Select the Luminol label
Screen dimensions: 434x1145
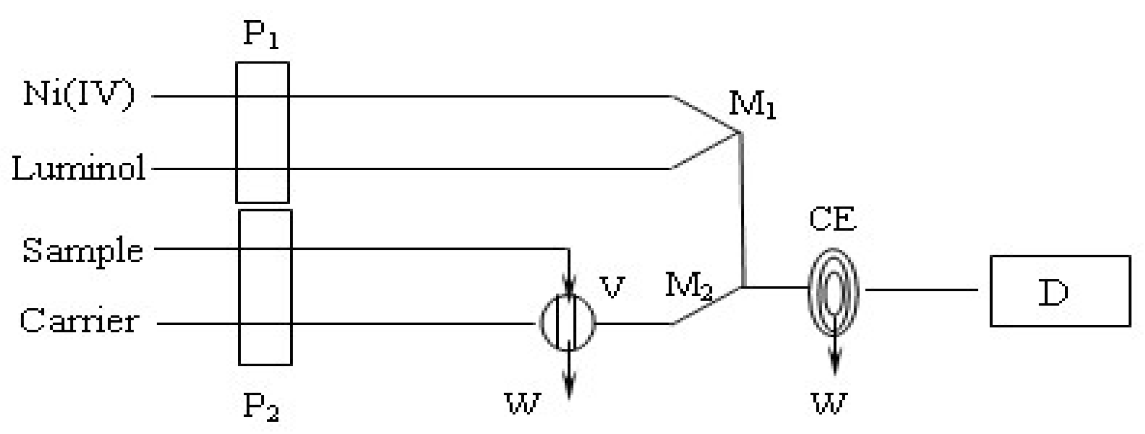click(x=79, y=168)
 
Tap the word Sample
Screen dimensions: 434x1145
click(x=83, y=251)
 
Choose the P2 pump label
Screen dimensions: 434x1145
click(x=261, y=407)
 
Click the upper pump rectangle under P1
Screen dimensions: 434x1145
click(x=262, y=132)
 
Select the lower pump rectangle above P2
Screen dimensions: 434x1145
click(x=265, y=287)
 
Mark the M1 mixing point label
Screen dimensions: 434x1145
click(x=752, y=105)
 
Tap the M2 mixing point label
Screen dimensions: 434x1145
click(x=688, y=285)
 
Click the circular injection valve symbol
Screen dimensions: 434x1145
click(x=568, y=323)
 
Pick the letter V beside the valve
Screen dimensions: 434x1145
click(x=612, y=287)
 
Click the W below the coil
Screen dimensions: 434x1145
click(x=830, y=403)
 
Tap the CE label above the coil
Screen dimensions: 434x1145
click(x=832, y=219)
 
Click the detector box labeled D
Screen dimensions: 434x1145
click(x=1060, y=291)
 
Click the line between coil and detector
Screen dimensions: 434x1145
click(x=921, y=290)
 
